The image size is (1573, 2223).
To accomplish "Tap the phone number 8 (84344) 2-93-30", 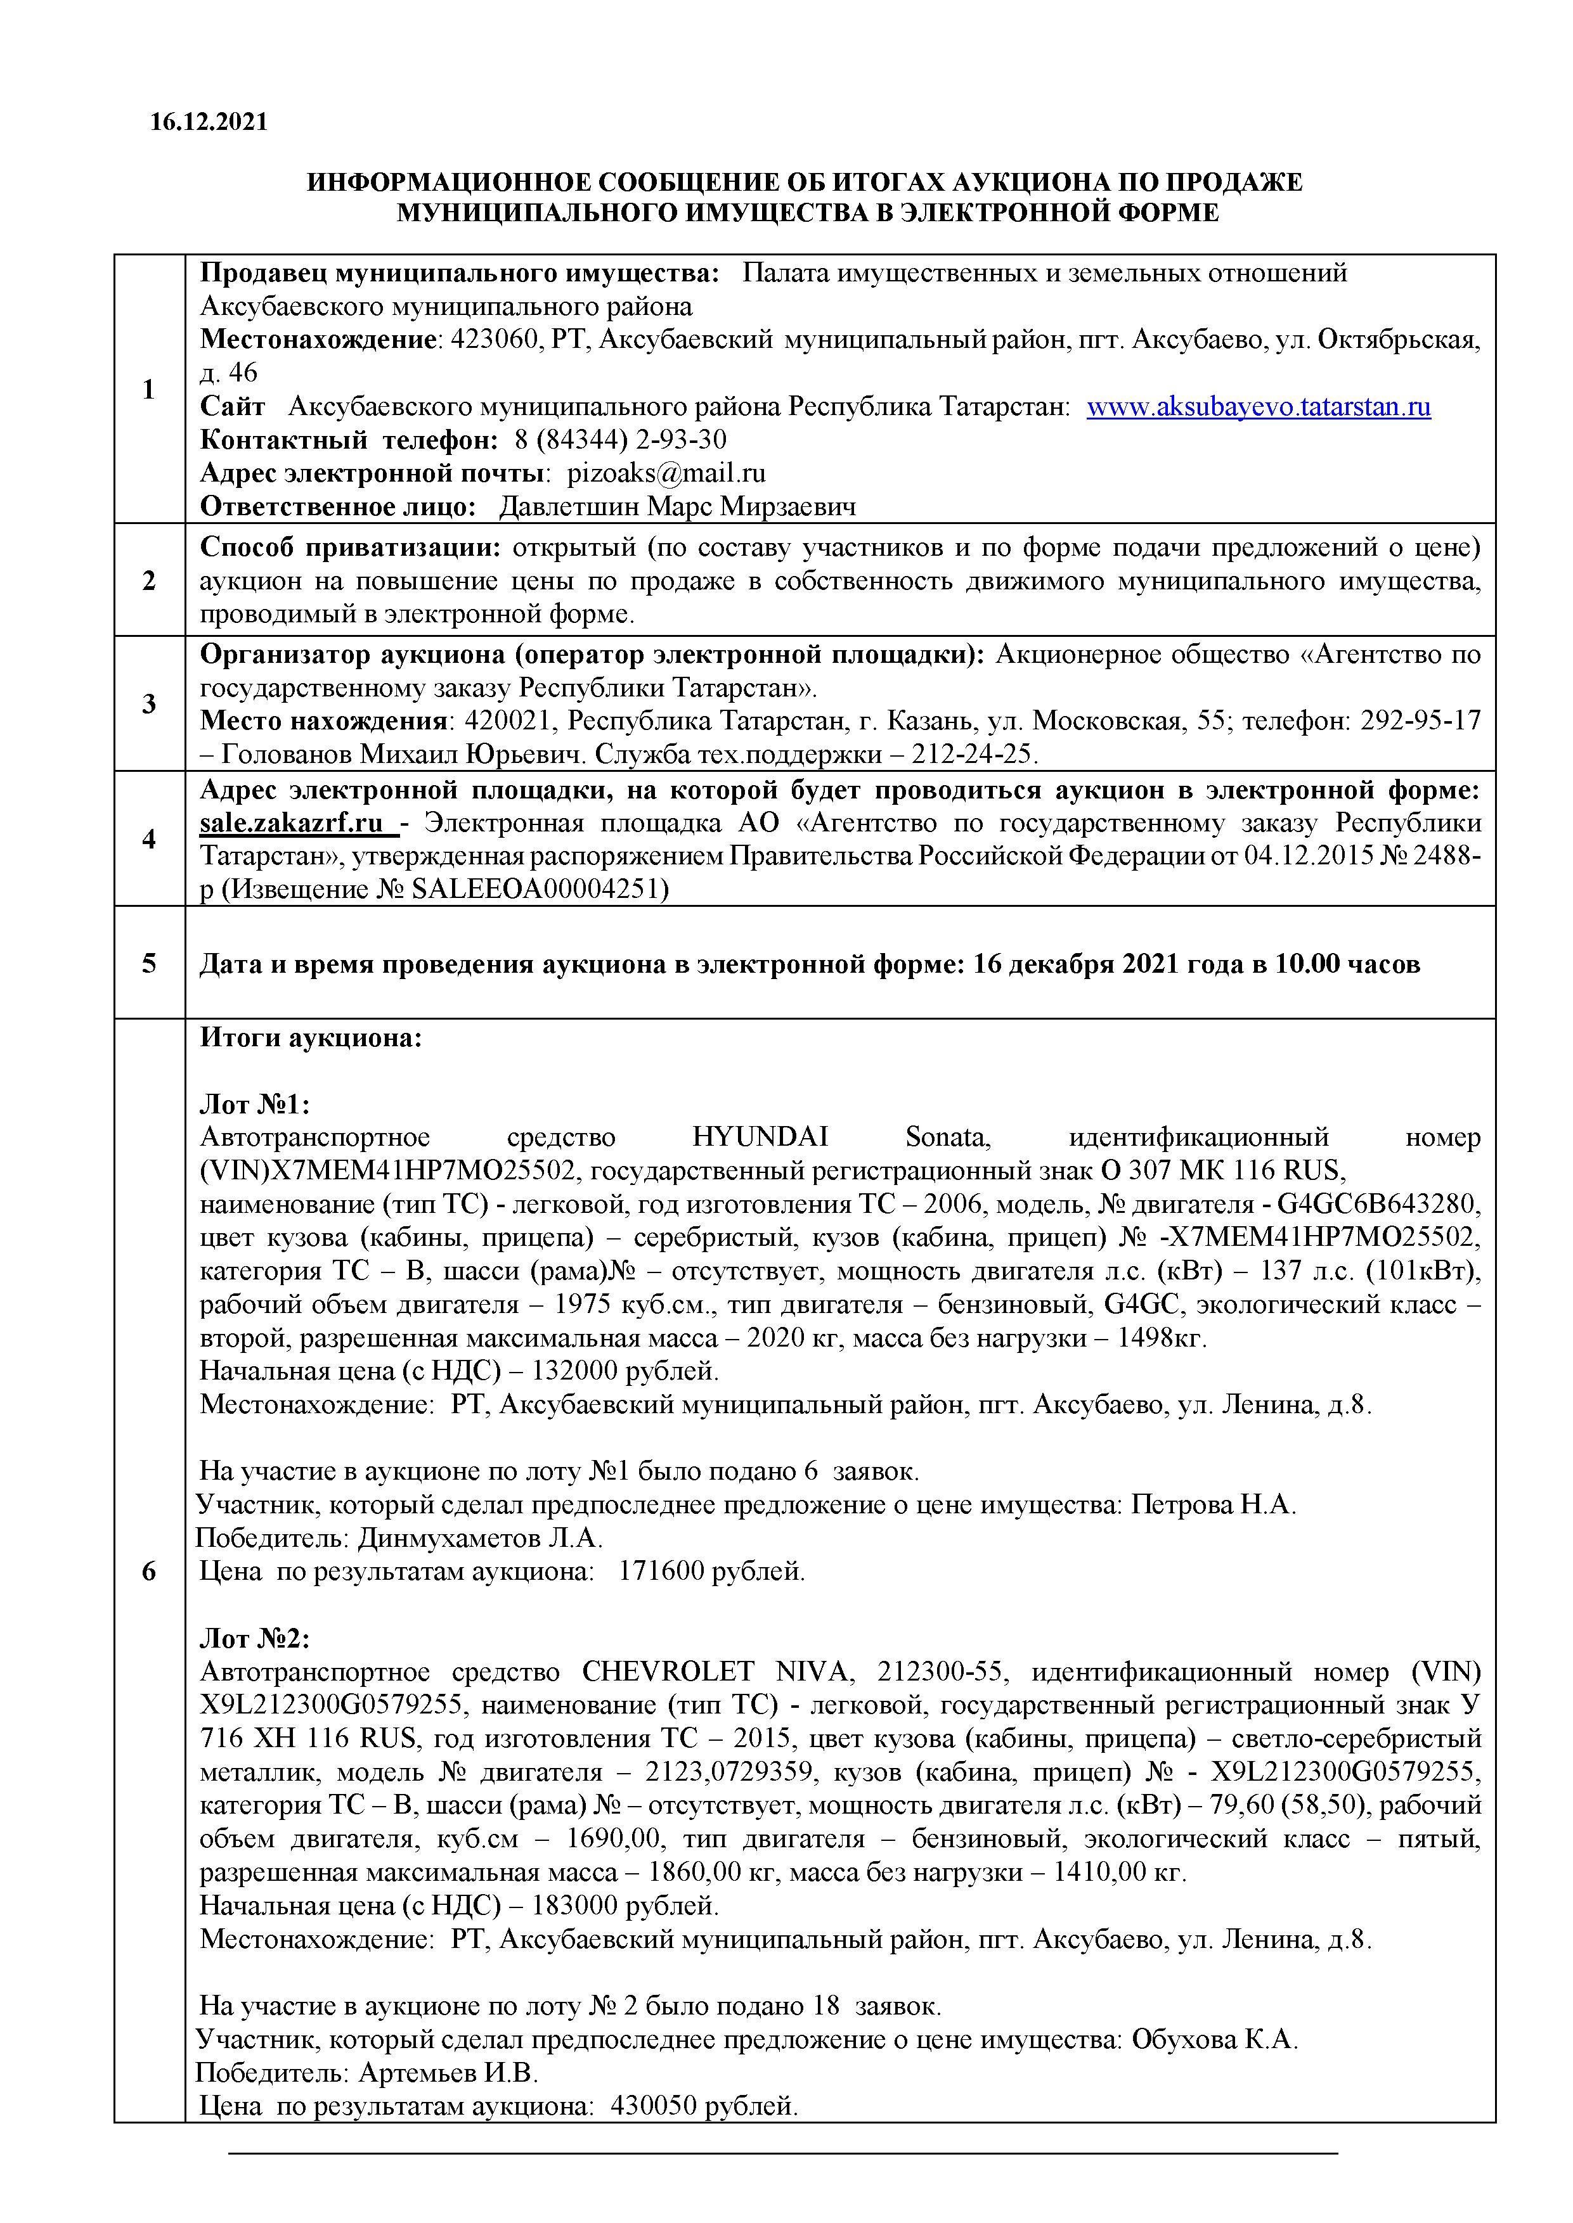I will pos(620,440).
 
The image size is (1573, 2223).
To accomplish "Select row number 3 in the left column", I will pos(149,704).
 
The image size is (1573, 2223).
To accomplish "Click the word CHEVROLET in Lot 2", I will pos(668,1672).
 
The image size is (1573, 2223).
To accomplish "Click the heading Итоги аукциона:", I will pos(311,1038).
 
